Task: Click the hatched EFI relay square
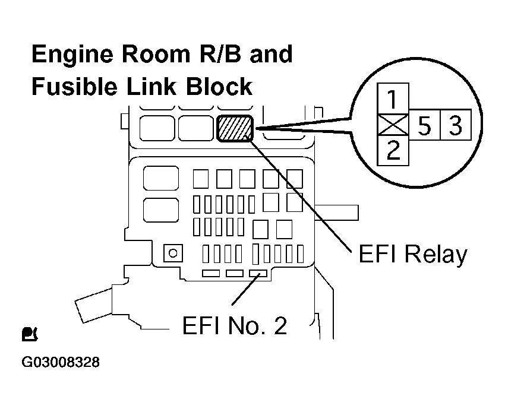pyautogui.click(x=235, y=128)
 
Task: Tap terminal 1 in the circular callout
pyautogui.click(x=393, y=96)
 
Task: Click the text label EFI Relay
pyautogui.click(x=413, y=255)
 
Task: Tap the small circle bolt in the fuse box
pyautogui.click(x=173, y=253)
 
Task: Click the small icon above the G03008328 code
pyautogui.click(x=29, y=334)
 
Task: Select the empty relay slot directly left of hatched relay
pyautogui.click(x=195, y=128)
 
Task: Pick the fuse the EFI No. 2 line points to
pyautogui.click(x=257, y=273)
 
